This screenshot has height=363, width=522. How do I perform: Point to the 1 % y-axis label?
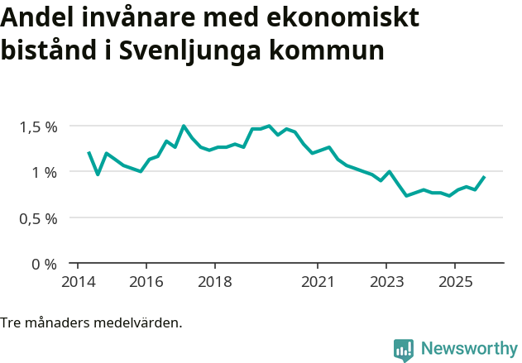click(45, 172)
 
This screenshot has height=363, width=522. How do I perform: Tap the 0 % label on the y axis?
click(45, 265)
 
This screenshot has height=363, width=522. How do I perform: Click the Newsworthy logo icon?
click(404, 350)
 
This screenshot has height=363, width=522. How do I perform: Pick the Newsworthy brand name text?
click(468, 349)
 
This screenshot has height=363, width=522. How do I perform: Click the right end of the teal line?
click(484, 177)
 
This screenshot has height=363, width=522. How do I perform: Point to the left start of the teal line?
click(89, 152)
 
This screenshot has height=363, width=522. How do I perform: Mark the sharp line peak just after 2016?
click(183, 126)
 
